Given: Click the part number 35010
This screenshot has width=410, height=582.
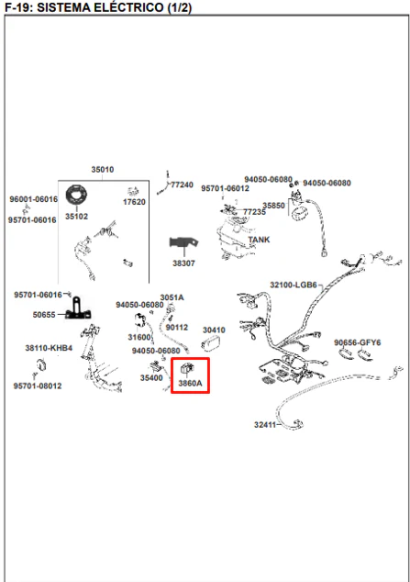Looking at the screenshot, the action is pos(103,170).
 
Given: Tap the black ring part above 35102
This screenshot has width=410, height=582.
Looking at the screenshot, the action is pos(77,195).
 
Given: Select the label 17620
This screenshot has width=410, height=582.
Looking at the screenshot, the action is pos(134,202).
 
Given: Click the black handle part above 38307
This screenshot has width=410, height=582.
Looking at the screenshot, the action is pos(183,243).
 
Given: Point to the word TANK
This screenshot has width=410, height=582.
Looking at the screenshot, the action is pos(259,240).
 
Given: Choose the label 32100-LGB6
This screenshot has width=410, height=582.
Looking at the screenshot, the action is pos(294,285).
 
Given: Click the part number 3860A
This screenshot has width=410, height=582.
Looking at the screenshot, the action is pos(190,383).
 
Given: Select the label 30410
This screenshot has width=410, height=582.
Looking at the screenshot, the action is pos(214,330).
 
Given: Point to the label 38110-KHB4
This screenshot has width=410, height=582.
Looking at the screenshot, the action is pos(49,348).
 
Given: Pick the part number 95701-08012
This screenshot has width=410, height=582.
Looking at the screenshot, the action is pos(38,386).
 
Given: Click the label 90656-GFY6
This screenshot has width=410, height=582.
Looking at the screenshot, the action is pos(358,342).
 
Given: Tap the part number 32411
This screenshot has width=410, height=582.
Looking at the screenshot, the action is pos(265,425).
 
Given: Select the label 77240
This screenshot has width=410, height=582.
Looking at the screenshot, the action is pos(182,185).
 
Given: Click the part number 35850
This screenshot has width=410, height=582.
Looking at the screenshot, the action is pos(273,206).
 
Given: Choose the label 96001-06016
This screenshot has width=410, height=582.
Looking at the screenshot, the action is pos(34,199).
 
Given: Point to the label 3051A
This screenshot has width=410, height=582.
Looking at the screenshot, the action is pos(172,297).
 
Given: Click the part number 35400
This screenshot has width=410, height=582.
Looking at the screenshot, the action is pos(151,378).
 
